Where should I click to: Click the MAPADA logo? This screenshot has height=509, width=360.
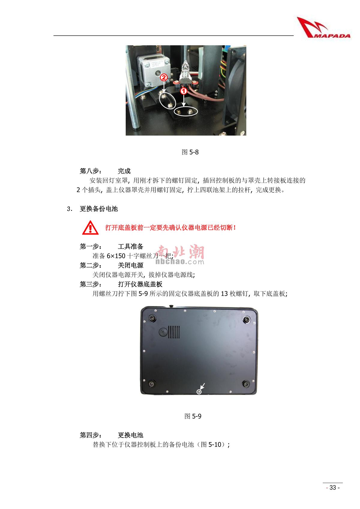click(323, 28)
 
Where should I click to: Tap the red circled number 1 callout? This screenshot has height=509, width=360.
click(183, 90)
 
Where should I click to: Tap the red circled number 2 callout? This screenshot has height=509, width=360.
click(163, 77)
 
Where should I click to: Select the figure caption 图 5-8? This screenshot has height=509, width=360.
click(190, 152)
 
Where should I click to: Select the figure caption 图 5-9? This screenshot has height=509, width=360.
click(193, 416)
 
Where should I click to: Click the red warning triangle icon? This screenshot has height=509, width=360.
click(90, 228)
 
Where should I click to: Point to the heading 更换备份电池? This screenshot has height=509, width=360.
click(99, 209)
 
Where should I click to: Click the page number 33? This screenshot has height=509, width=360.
click(333, 487)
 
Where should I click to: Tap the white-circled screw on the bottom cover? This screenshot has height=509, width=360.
click(199, 392)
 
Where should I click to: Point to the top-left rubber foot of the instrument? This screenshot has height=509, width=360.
click(152, 318)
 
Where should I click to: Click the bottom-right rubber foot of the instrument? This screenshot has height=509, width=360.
click(246, 384)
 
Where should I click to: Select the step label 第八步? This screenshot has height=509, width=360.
click(91, 171)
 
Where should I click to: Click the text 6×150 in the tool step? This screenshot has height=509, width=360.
click(116, 256)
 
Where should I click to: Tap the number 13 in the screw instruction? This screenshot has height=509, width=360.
click(224, 294)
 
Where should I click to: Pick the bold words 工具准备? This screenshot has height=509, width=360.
click(130, 247)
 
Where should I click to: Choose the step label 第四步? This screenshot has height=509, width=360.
click(91, 435)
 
